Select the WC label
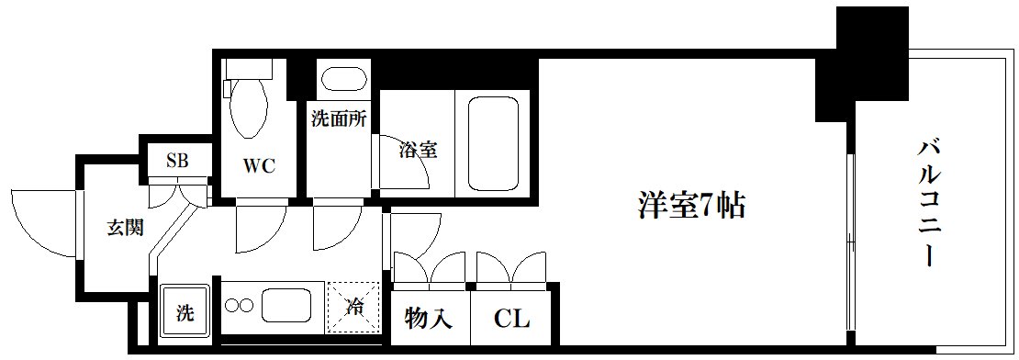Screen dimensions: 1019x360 259,167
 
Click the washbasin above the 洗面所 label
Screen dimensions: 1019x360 340,81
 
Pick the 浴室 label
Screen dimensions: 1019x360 419,149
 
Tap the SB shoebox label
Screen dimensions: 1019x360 177,161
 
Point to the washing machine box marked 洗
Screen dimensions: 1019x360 185,312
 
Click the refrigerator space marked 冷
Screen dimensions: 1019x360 353,307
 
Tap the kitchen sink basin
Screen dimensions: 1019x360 290,304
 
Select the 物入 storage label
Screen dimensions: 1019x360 429,319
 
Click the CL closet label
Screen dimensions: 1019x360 511,319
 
